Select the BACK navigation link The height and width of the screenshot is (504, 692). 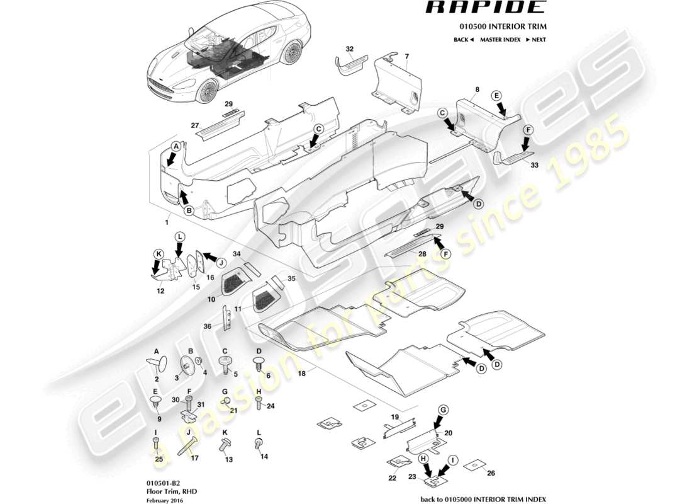point(463,40)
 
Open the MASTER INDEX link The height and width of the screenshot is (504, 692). point(499,40)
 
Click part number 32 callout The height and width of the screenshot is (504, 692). point(350,48)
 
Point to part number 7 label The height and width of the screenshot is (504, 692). point(406,57)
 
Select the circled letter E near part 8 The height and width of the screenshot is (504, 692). point(496,95)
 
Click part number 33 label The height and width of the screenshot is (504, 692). point(535,165)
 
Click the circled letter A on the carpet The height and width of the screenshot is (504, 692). point(176,146)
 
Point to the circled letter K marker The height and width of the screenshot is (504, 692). point(159,254)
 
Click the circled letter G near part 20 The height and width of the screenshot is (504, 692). point(443,410)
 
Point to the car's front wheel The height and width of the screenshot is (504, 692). point(206,93)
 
